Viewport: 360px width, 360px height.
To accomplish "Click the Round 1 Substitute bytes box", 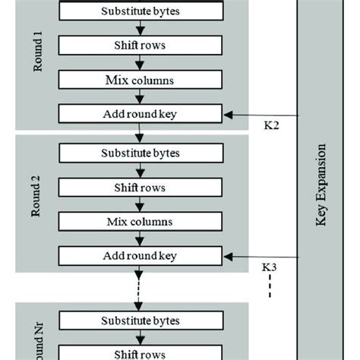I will (141, 11).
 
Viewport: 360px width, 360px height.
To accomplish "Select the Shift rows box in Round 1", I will (141, 45).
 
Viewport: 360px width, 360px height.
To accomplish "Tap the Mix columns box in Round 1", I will (141, 80).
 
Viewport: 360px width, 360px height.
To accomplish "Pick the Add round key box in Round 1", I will (141, 115).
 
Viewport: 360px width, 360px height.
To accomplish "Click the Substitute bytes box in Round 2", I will (141, 153).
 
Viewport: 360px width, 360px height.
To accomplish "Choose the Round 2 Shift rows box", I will (141, 187).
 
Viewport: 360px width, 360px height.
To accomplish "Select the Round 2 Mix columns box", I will (141, 222).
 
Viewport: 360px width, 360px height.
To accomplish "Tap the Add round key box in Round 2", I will (141, 257).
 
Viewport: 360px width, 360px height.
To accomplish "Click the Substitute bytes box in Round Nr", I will (141, 320).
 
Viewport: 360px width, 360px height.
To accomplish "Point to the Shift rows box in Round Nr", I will (141, 354).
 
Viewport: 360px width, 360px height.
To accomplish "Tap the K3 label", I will (269, 267).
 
